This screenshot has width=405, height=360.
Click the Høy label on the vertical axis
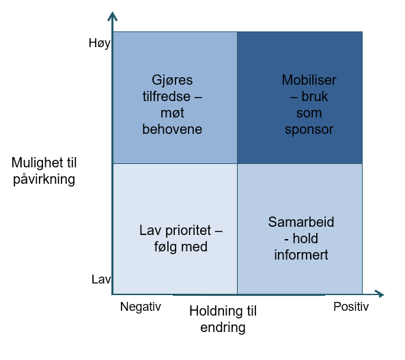coord(100,44)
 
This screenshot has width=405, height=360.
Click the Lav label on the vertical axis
coord(101,279)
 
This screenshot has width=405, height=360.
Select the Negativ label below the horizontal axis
coord(141,307)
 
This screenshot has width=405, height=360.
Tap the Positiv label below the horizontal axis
coord(351,307)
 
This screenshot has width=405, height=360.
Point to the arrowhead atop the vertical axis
coord(113,16)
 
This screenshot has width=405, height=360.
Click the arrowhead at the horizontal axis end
coord(380,294)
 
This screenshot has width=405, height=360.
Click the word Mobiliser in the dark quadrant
coord(309,80)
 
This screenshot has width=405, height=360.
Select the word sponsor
coord(309,130)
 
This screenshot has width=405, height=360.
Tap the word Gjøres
coord(172,81)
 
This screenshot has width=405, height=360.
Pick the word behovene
coord(172,129)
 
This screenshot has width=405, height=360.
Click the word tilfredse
coord(167,96)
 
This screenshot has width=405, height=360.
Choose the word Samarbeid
coord(301,222)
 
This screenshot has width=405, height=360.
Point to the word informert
coord(301,255)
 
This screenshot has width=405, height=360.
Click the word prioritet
coord(188,230)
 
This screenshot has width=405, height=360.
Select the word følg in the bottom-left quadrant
coord(165,247)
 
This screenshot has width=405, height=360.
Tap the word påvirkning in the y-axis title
coord(44,180)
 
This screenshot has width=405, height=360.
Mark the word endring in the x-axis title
coord(223,328)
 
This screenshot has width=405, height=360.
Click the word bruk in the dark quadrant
coord(315,96)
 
